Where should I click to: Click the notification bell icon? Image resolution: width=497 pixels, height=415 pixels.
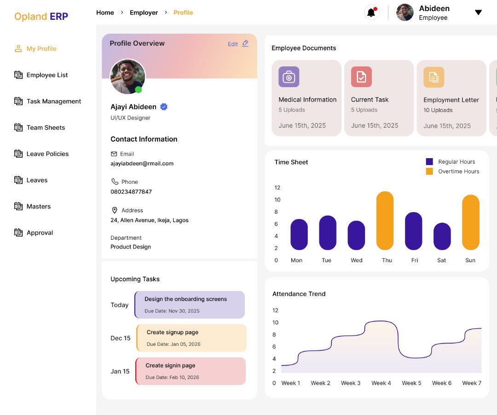371,12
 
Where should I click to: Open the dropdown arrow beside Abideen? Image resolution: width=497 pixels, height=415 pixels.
478,12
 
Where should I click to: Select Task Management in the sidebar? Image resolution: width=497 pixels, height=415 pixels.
53,101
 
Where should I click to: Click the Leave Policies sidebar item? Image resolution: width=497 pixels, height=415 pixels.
47,154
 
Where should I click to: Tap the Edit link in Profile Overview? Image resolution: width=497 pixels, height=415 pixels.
238,44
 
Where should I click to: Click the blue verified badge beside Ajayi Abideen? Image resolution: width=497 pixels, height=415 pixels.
164,107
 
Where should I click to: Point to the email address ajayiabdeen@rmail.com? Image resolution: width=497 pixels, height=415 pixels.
142,164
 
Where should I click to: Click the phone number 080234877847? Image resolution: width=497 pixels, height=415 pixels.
131,192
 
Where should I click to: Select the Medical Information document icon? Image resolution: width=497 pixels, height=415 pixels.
289,77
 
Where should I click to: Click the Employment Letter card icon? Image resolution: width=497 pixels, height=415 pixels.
433,77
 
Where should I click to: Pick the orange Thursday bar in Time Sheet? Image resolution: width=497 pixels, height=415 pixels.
385,220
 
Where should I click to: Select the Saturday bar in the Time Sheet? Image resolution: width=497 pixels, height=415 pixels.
442,237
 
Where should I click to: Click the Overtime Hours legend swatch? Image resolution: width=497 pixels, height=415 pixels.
429,172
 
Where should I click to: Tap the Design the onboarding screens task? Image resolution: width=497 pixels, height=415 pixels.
190,304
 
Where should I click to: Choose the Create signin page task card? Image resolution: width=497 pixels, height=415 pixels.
191,371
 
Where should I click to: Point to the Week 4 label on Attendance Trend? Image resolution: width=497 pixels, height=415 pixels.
381,383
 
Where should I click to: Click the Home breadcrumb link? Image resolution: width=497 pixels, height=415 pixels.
105,12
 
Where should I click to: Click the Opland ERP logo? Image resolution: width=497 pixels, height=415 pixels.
41,17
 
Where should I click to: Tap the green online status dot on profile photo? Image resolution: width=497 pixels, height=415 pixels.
139,89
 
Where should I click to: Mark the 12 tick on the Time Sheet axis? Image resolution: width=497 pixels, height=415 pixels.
277,188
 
